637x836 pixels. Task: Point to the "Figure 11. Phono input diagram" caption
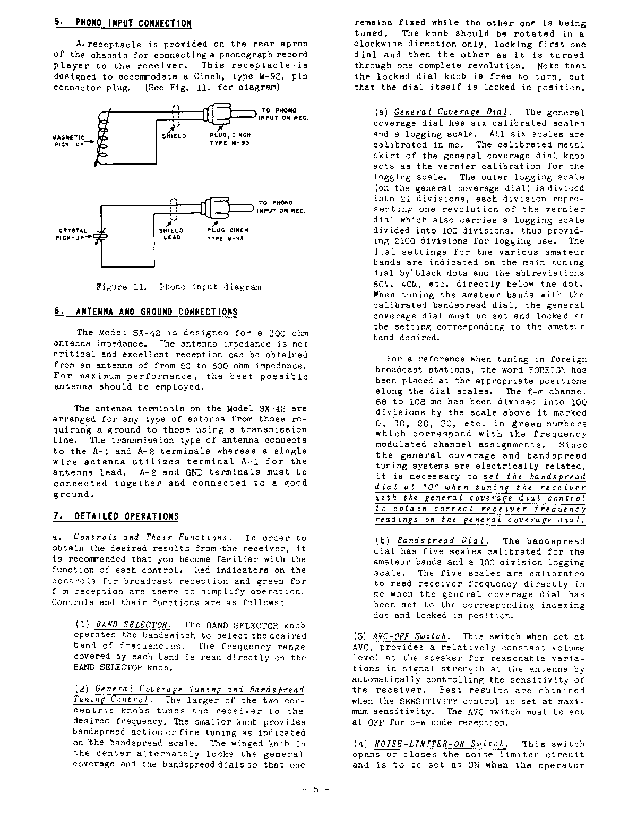click(178, 287)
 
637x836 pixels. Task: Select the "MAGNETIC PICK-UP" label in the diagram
click(71, 140)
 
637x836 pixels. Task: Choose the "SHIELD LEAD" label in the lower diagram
click(171, 234)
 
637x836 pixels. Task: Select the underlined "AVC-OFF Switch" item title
click(410, 636)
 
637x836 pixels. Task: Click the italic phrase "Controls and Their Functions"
click(152, 538)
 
